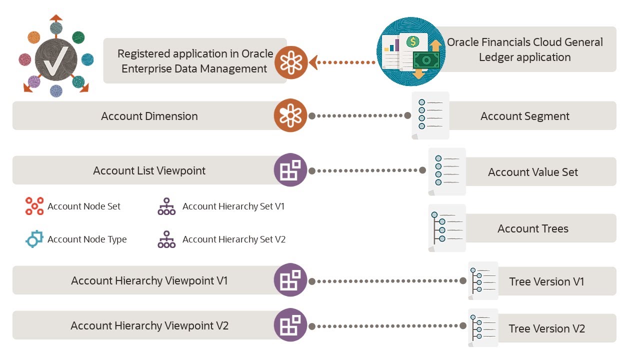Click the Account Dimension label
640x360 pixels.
(149, 116)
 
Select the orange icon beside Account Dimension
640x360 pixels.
(290, 115)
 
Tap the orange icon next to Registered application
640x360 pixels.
(290, 62)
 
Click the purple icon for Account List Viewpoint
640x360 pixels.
(290, 170)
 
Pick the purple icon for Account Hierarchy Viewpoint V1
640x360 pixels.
(290, 280)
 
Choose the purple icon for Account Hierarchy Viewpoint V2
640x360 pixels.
(290, 325)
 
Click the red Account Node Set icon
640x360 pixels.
(34, 206)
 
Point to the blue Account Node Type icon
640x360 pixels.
(34, 239)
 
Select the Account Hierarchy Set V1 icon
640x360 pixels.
(166, 206)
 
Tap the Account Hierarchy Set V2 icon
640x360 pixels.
(166, 239)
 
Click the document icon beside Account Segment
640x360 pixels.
(430, 115)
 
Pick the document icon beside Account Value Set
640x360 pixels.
(446, 171)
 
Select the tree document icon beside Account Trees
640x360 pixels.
(446, 228)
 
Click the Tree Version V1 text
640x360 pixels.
(546, 281)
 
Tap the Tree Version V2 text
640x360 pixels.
(546, 328)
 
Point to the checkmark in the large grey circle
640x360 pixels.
(56, 60)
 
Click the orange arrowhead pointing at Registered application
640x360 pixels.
(313, 62)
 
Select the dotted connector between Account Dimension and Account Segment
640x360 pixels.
(360, 115)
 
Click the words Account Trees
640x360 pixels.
(532, 228)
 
